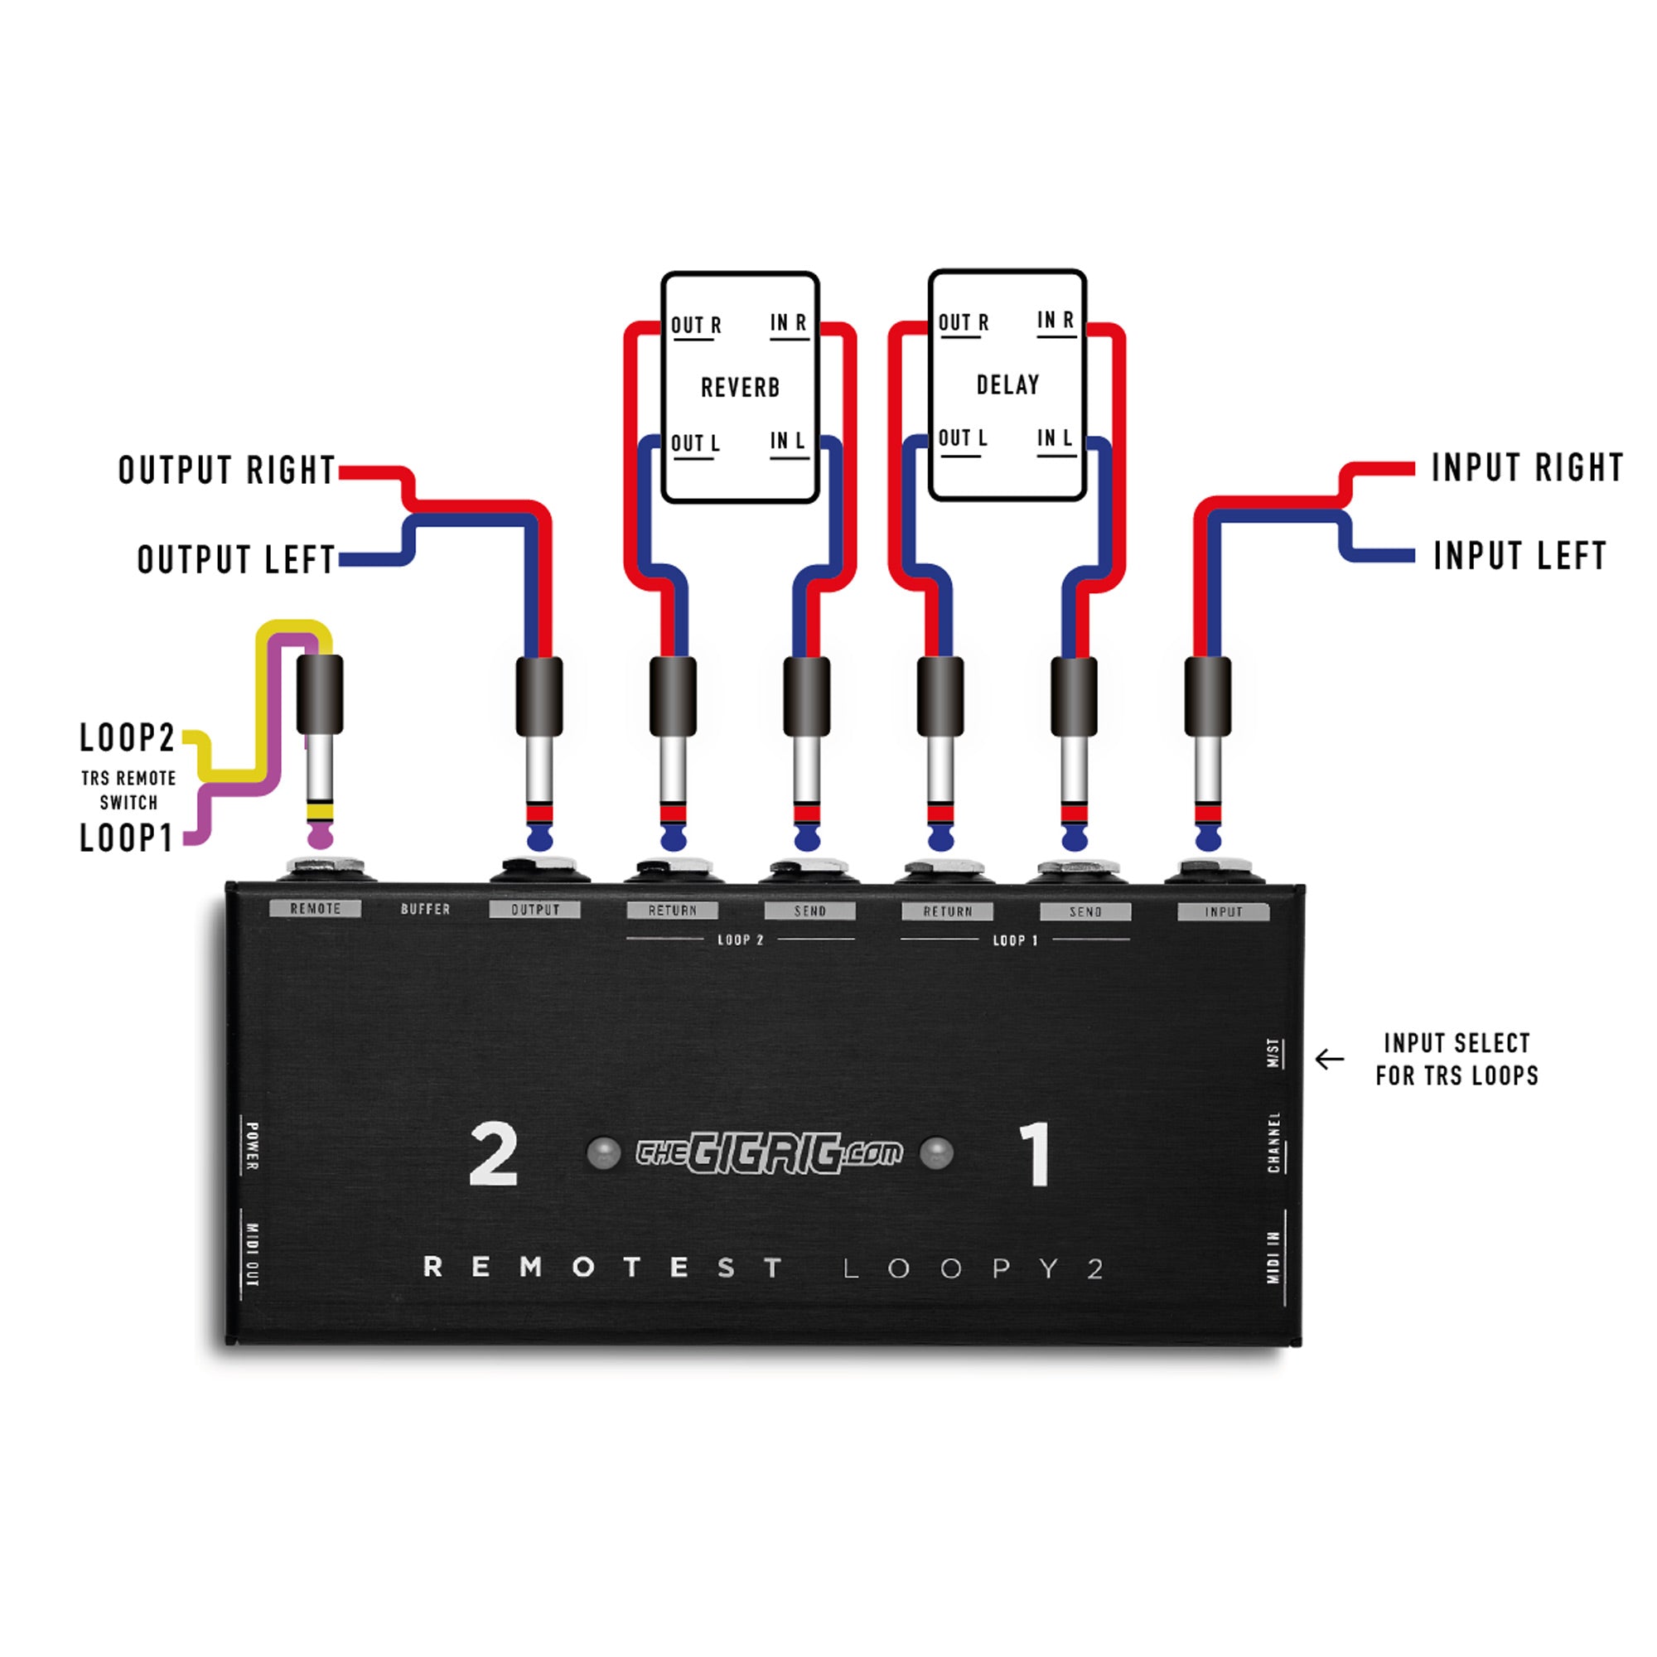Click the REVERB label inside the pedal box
tap(740, 388)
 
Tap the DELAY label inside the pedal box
tap(1007, 385)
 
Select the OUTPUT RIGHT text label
tap(226, 470)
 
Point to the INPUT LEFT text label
tap(1519, 556)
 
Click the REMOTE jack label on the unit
tap(315, 909)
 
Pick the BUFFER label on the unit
tap(425, 909)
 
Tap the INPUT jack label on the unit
tap(1223, 911)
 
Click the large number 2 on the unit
tap(494, 1155)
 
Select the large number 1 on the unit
tap(1035, 1155)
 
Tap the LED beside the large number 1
tap(935, 1152)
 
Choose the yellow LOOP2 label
tap(127, 737)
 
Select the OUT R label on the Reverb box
tap(696, 326)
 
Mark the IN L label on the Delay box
tap(1054, 438)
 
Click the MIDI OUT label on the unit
tap(252, 1254)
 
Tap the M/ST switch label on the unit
tap(1274, 1053)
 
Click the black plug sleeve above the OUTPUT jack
tap(539, 696)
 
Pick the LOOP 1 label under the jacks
tap(1015, 941)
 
